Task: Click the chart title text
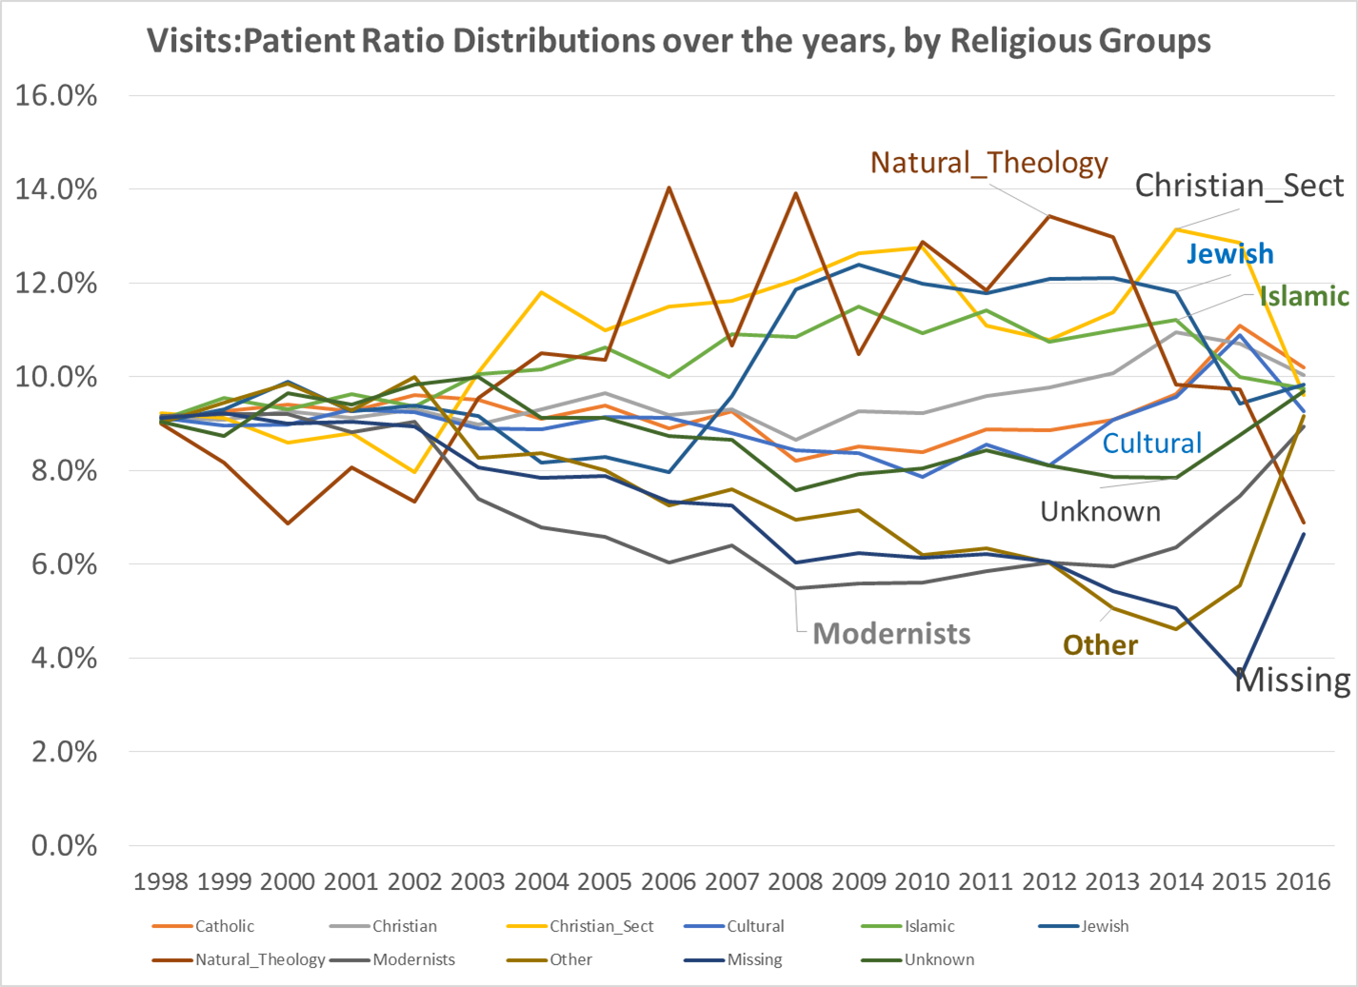678,41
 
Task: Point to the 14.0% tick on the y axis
56,189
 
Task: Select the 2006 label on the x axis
669,881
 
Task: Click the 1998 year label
161,881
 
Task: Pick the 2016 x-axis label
1303,881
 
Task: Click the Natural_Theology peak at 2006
669,188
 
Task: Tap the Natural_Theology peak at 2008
795,193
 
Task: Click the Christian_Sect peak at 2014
1177,229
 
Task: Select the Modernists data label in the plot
891,634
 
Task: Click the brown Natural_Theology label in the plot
989,163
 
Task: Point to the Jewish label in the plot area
1229,254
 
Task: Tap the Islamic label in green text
1304,296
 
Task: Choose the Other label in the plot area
1100,645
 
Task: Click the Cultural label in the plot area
1151,444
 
